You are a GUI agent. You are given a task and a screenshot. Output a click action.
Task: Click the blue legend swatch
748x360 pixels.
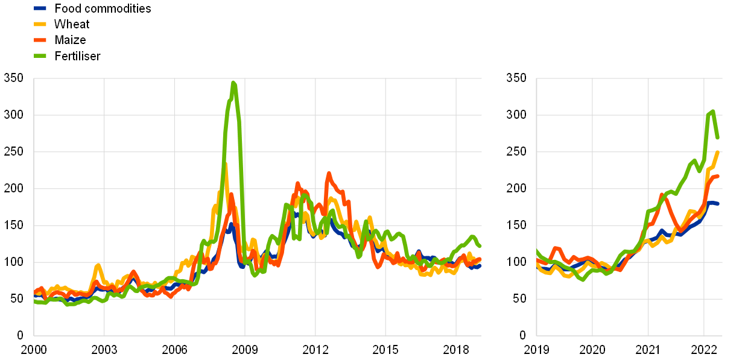40,8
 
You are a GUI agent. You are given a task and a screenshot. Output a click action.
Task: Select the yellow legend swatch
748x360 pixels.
40,24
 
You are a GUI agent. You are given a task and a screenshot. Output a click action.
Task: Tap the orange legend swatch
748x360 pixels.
40,40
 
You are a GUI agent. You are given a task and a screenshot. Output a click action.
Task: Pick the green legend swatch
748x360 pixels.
40,55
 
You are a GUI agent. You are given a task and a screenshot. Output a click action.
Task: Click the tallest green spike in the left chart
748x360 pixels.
233,83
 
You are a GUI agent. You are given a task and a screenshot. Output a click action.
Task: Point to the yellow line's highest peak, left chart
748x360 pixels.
224,164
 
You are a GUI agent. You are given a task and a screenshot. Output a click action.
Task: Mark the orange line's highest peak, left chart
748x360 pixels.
329,174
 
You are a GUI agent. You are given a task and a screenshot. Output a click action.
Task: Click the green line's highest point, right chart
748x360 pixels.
712,112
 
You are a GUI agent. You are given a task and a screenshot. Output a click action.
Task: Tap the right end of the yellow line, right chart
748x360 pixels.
718,152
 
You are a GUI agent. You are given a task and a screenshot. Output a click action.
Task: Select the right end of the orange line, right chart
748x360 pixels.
718,177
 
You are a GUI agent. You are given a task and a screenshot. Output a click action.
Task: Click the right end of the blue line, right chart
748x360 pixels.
718,204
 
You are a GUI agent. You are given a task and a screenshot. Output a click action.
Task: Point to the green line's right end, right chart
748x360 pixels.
718,137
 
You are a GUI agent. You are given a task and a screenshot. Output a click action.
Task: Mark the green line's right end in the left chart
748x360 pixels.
480,246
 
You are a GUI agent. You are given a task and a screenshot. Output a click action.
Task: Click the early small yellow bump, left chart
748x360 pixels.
98,265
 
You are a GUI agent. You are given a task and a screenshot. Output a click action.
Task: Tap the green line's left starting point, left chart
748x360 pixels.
35,302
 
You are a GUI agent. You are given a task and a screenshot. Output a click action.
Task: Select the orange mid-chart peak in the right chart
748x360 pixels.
662,194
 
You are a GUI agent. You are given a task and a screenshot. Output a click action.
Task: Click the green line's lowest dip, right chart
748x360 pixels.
583,279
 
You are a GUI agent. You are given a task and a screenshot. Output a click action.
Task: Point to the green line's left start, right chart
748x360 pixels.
537,251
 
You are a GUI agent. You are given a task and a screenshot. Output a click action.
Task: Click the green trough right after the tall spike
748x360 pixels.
255,275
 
